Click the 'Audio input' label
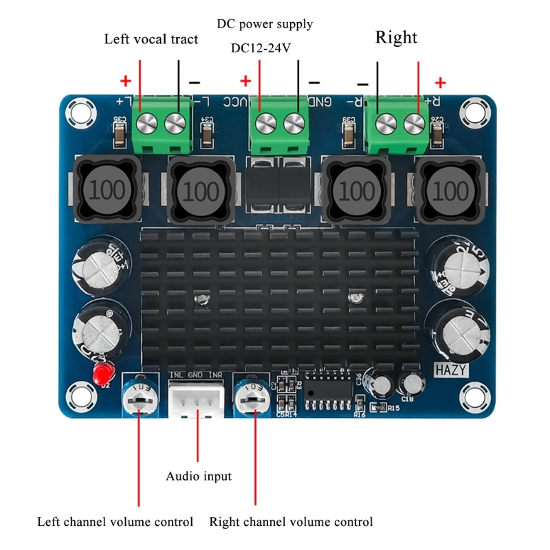tap(199, 476)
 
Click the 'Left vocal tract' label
tap(151, 39)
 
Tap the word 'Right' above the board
tap(396, 37)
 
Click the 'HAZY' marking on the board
tap(451, 370)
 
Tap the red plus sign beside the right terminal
tap(440, 82)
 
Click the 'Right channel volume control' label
tap(291, 522)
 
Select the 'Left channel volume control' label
tap(115, 522)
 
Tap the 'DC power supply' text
tap(265, 24)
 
